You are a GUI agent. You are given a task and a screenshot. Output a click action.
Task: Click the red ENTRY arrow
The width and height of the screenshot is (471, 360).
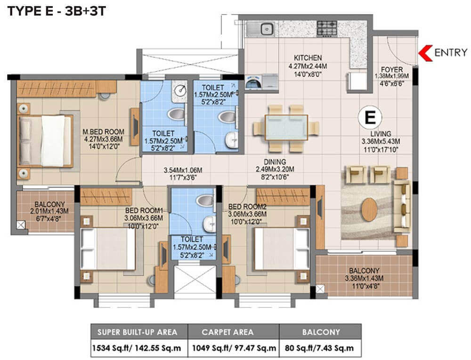426,52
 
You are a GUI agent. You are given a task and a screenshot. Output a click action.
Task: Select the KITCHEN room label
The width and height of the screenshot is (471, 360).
309,57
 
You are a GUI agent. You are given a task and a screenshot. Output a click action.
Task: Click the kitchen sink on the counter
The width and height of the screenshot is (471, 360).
265,28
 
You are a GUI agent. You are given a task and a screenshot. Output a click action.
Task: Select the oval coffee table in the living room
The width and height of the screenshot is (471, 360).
371,208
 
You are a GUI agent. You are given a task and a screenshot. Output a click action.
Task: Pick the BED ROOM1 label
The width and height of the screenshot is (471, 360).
144,210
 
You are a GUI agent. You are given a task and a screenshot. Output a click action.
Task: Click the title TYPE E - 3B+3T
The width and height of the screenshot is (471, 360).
56,11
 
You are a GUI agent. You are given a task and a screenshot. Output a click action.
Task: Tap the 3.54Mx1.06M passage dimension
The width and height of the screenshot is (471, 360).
183,170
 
